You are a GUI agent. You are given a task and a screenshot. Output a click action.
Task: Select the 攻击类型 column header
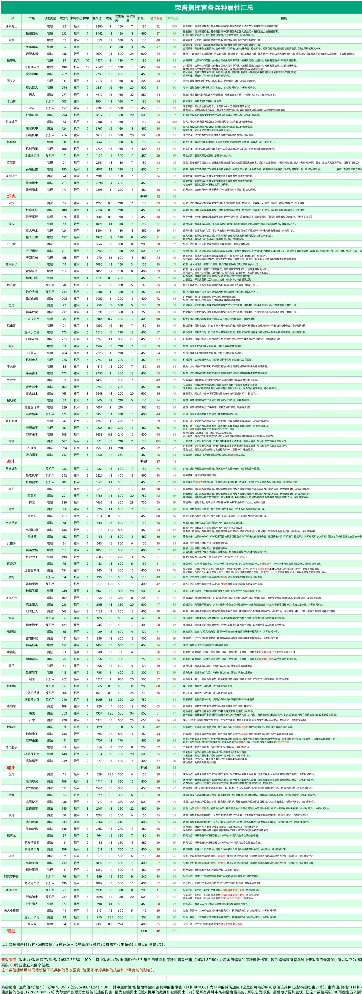coord(50,18)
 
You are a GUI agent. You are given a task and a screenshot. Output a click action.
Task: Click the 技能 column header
coord(284,18)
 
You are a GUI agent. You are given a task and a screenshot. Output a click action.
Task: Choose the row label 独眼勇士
coord(11,26)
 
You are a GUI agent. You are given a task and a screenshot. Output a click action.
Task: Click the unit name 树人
coord(32,95)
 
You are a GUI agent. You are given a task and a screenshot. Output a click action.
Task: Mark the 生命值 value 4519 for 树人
coord(99,95)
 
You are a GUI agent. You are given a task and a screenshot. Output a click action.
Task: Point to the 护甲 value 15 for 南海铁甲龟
coord(87,67)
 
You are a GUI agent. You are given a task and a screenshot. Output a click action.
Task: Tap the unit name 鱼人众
coord(32,924)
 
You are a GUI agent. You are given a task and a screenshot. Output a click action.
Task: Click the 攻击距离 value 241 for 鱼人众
coord(120,924)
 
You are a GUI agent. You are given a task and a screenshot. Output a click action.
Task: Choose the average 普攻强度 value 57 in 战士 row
coord(158,461)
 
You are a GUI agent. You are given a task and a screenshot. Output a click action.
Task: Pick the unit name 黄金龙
coord(32,516)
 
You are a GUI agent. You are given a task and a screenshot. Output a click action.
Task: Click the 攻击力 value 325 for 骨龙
coord(64,502)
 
